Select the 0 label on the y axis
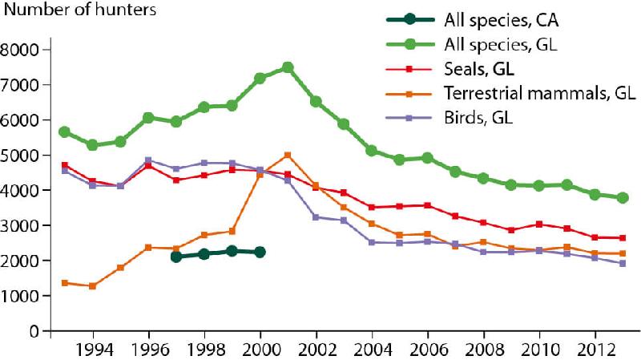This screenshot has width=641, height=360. point(34,331)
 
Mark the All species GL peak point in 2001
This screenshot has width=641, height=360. point(288,67)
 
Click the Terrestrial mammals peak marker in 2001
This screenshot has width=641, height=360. point(288,155)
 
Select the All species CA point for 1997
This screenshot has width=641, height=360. point(176,257)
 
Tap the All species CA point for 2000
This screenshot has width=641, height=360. point(260,252)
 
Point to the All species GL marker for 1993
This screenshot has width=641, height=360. point(64,131)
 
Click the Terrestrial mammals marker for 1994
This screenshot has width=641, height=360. point(92,286)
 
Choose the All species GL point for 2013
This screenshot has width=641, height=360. point(623,198)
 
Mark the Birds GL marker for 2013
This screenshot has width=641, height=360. point(623,264)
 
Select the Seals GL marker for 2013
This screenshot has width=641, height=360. point(623,238)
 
